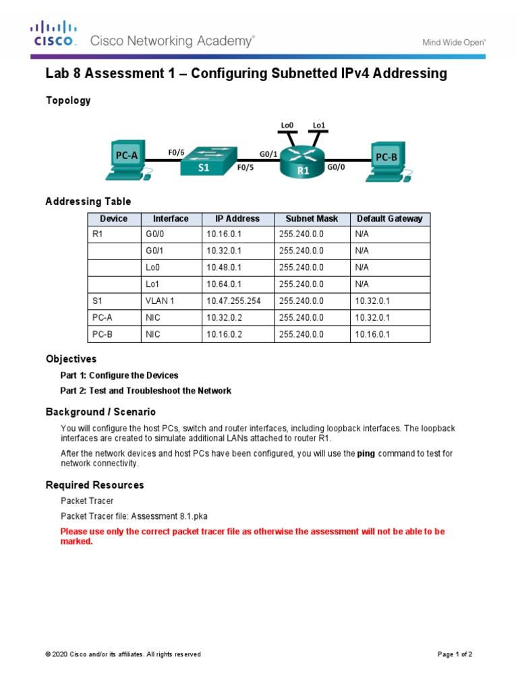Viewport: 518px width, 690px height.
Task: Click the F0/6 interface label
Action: click(176, 152)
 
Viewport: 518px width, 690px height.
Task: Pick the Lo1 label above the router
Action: click(319, 125)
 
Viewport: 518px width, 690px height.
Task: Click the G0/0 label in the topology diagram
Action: click(336, 166)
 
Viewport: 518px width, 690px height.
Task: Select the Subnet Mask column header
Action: click(312, 219)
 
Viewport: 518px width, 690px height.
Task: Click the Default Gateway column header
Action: click(389, 219)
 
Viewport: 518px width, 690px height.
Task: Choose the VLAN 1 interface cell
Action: click(160, 301)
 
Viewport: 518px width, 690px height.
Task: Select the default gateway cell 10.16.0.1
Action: click(372, 334)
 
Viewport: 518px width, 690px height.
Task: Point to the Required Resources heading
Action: click(94, 485)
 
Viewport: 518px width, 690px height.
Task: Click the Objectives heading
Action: click(71, 359)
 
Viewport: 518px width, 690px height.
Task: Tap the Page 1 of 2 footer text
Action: click(455, 654)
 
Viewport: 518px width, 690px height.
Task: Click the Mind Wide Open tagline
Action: click(454, 42)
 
